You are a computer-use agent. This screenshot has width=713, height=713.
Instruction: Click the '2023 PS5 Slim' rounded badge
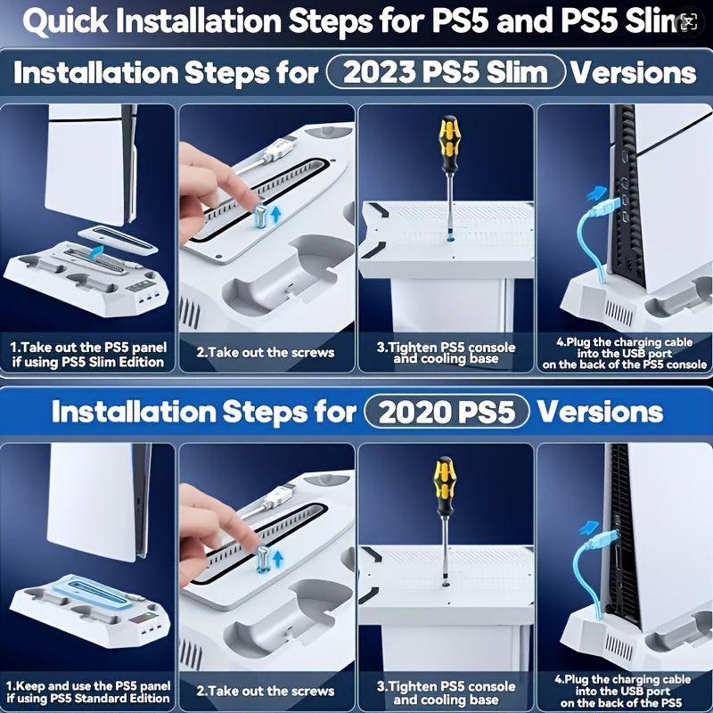tap(446, 72)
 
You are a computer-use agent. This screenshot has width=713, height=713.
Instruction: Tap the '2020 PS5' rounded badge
tap(447, 412)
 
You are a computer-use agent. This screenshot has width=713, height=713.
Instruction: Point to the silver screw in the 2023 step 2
tap(260, 216)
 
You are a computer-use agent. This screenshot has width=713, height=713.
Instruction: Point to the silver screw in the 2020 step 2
tap(263, 559)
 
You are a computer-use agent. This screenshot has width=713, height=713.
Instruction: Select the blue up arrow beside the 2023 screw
tap(275, 214)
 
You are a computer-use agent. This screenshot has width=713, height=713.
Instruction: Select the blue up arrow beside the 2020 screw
tap(278, 559)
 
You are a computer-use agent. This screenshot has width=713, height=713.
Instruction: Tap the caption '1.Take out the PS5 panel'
tap(88, 347)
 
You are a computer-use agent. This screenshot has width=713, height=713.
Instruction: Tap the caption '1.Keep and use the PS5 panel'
tap(88, 685)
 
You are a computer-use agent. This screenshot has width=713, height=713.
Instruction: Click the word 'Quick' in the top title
tap(65, 21)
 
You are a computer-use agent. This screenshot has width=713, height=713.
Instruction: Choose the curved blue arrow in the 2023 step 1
tap(95, 251)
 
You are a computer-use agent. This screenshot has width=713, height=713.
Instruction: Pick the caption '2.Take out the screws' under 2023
tap(266, 352)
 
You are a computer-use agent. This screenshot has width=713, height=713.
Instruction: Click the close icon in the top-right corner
tap(689, 21)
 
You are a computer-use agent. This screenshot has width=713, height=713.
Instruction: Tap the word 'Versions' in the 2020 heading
tap(600, 412)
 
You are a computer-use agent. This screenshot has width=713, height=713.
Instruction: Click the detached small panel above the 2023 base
tap(118, 239)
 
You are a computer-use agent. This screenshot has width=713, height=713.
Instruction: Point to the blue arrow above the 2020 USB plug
tap(590, 528)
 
